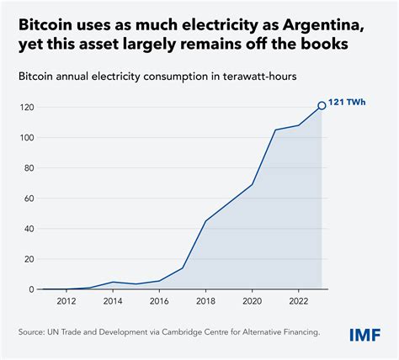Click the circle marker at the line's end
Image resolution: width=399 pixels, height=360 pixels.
pyautogui.click(x=321, y=106)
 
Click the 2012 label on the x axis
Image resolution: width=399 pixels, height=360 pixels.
pyautogui.click(x=66, y=301)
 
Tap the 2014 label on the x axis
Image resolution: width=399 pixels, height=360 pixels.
pyautogui.click(x=113, y=301)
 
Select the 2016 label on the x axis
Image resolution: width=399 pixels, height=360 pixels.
pyautogui.click(x=160, y=301)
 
